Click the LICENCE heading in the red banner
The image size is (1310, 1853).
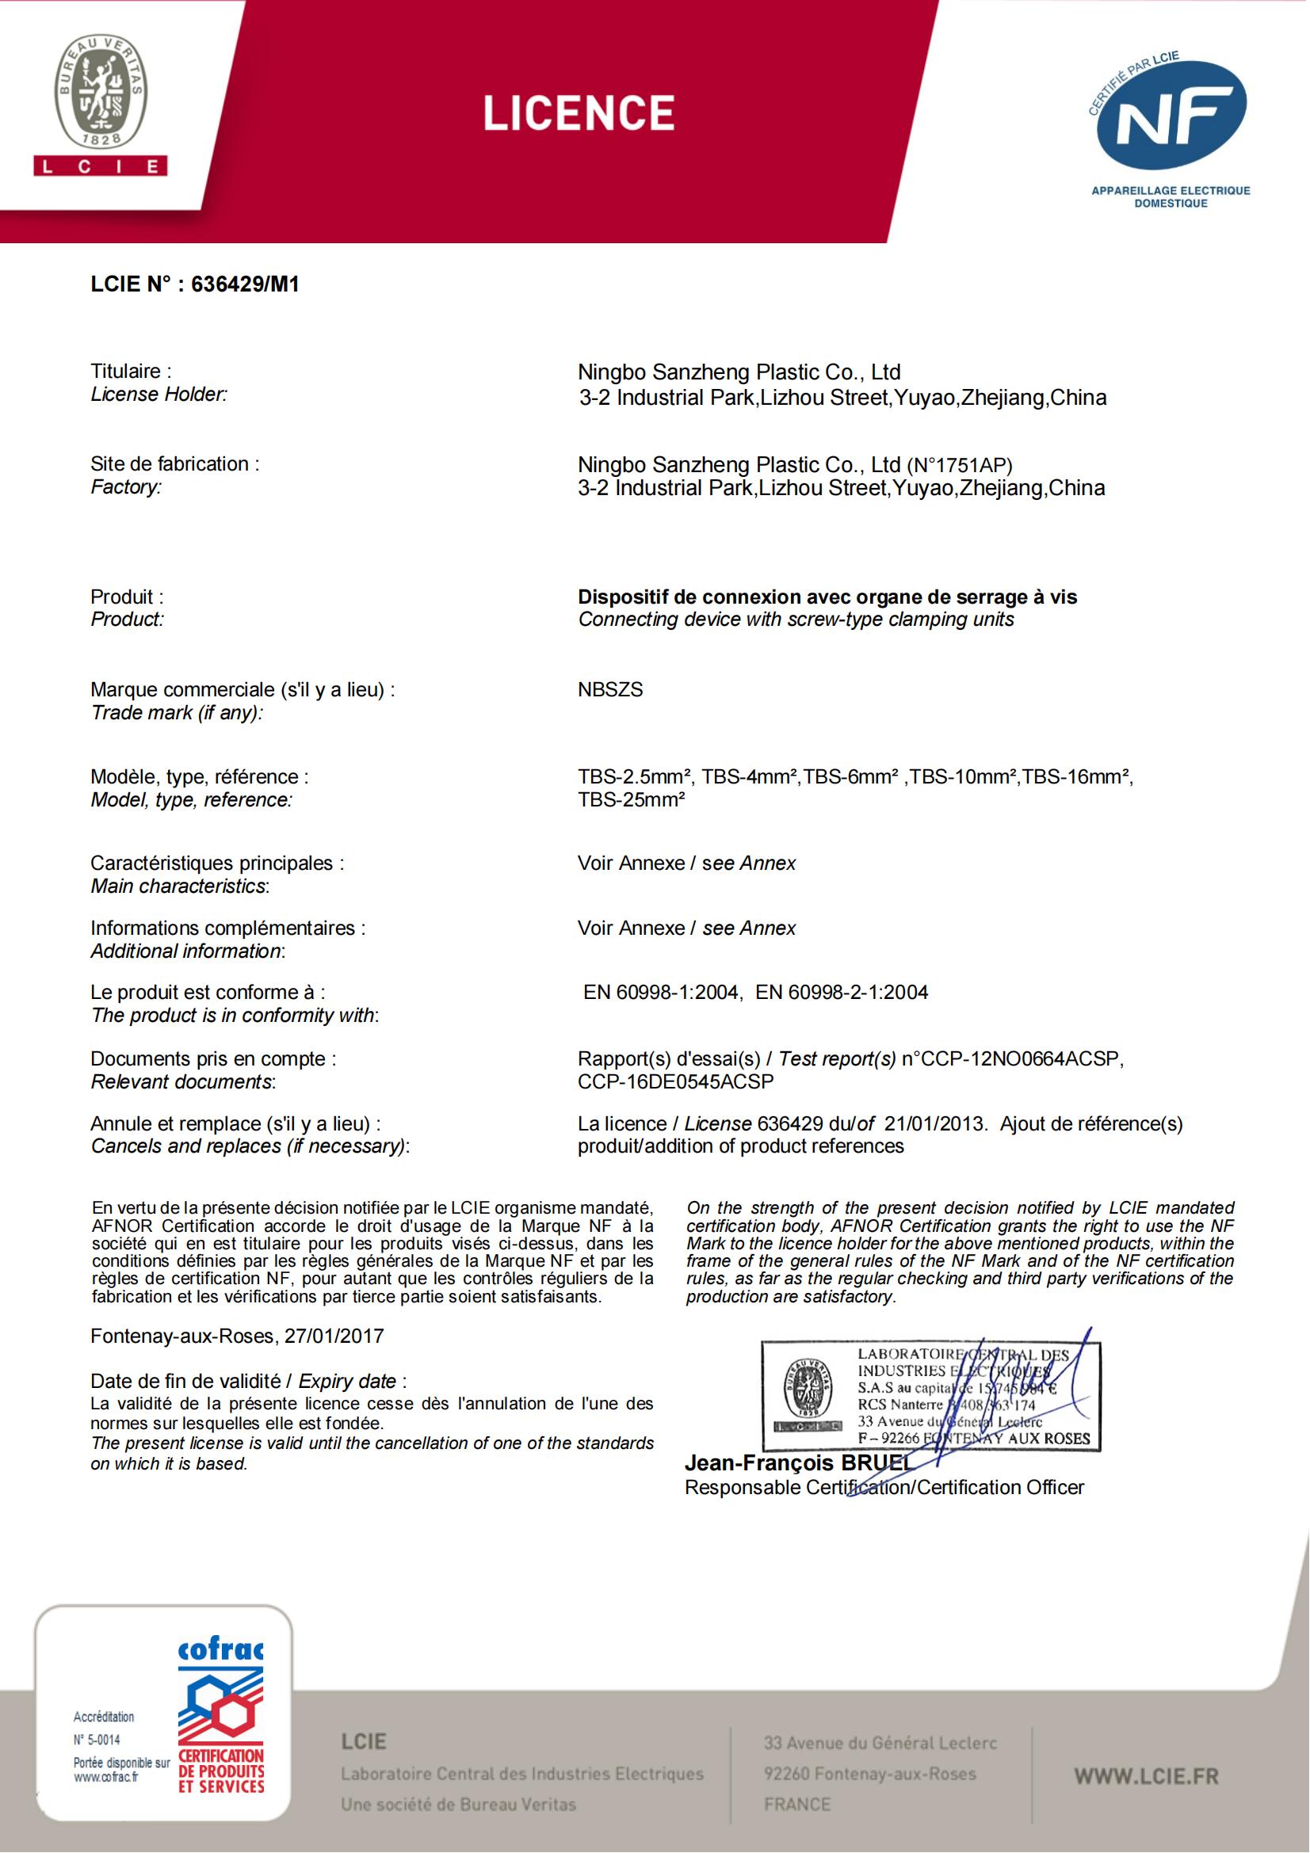pos(579,113)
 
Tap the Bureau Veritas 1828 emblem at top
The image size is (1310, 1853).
pos(101,93)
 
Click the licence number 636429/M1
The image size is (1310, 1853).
pos(245,284)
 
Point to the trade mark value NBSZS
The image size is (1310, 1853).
pos(610,690)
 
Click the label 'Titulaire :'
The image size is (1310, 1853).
pos(131,372)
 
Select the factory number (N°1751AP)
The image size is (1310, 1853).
pos(960,465)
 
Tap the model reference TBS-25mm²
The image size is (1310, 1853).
pos(631,800)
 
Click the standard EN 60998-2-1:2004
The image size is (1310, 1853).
pos(842,992)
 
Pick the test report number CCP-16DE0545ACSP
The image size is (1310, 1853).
pos(675,1081)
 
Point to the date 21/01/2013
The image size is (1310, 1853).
pos(934,1123)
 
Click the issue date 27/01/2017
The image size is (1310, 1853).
pos(334,1336)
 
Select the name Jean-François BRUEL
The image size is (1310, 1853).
pos(797,1462)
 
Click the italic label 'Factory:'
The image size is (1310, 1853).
pos(126,486)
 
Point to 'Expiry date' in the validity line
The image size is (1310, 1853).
pos(348,1381)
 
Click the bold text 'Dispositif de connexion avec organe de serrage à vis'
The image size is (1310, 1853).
pos(827,597)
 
